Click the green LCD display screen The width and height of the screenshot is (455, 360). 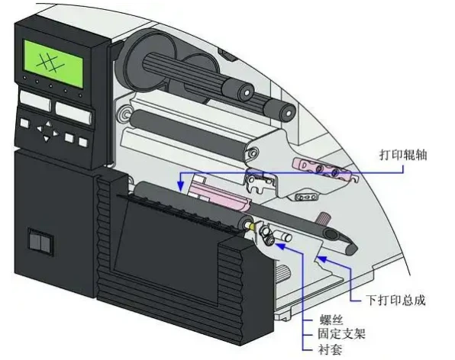click(x=53, y=63)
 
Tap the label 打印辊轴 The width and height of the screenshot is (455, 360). click(x=403, y=155)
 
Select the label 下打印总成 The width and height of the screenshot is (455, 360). click(x=395, y=300)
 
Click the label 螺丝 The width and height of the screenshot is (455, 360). click(x=331, y=320)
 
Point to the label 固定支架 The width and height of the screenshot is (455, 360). click(x=341, y=333)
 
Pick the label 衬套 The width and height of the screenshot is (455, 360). click(x=330, y=349)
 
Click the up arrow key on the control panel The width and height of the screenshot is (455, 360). click(x=48, y=124)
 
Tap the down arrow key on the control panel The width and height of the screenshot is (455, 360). click(x=46, y=139)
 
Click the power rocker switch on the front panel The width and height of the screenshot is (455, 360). click(x=41, y=243)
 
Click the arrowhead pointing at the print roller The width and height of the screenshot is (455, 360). click(x=180, y=186)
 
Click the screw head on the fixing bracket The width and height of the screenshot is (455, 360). click(x=271, y=240)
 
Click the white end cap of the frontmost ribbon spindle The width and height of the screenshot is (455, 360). click(x=247, y=93)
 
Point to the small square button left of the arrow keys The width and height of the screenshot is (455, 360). click(x=24, y=123)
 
